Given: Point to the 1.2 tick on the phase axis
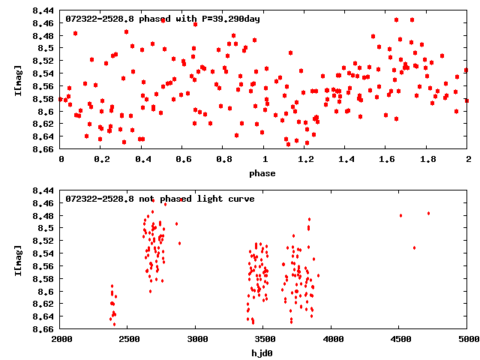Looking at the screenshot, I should click(x=305, y=160).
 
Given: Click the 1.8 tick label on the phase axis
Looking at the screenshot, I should click(x=427, y=160).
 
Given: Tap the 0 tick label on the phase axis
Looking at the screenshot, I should click(x=61, y=160).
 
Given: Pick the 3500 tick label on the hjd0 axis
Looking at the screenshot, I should click(x=265, y=340).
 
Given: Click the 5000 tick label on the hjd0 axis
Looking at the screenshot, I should click(x=468, y=340).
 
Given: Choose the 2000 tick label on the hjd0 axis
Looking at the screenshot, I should click(x=61, y=340).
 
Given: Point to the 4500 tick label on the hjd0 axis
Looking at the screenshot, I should click(x=400, y=340).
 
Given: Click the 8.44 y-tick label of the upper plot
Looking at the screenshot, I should click(x=42, y=10).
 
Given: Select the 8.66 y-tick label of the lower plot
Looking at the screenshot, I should click(x=42, y=329).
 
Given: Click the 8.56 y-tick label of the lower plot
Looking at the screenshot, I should click(x=42, y=265).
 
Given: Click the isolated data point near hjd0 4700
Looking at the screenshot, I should click(x=428, y=213).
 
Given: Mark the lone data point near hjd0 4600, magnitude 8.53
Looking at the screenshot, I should click(x=414, y=247).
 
